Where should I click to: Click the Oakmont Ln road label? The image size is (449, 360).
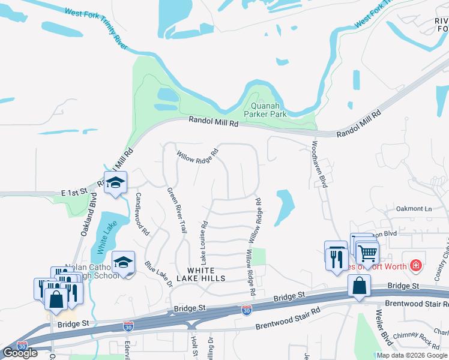coord(414,209)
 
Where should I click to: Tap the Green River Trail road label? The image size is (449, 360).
coord(176,210)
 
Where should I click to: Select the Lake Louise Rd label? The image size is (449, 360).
coord(204,244)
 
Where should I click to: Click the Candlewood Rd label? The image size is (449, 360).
coord(142,213)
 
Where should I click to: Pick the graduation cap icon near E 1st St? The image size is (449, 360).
coord(115,183)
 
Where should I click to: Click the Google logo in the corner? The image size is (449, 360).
coord(20,353)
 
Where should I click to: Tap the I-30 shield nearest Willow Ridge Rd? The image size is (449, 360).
coord(246,310)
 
